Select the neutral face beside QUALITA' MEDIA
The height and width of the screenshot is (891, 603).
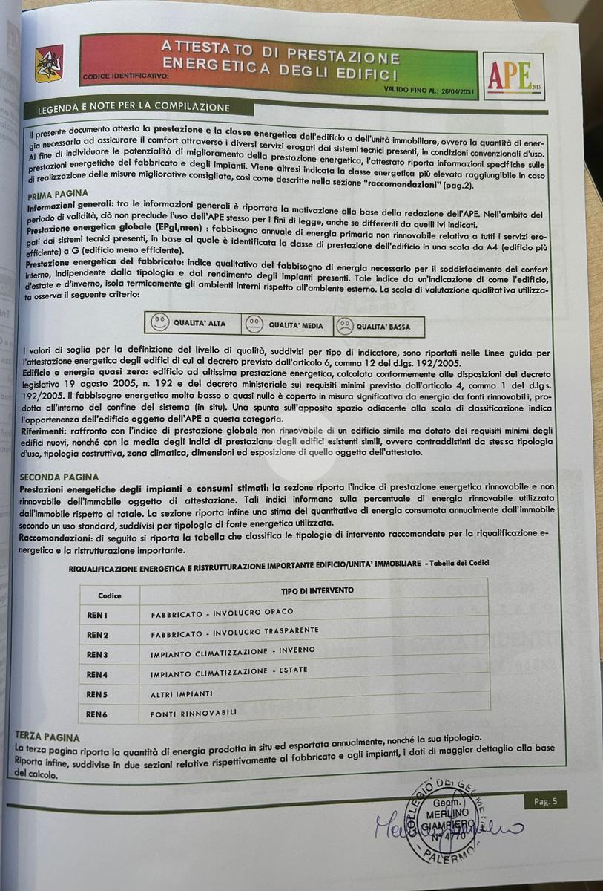click(x=254, y=324)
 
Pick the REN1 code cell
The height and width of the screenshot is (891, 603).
click(x=98, y=615)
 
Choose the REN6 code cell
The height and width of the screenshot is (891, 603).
click(x=97, y=714)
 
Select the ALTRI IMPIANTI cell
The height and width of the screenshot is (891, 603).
click(x=182, y=693)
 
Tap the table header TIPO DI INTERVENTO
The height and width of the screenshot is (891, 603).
click(x=317, y=590)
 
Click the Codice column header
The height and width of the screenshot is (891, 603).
click(x=110, y=595)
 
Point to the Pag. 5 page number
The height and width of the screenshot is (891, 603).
click(x=550, y=800)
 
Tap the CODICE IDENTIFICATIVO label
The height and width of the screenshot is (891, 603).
click(x=125, y=76)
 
